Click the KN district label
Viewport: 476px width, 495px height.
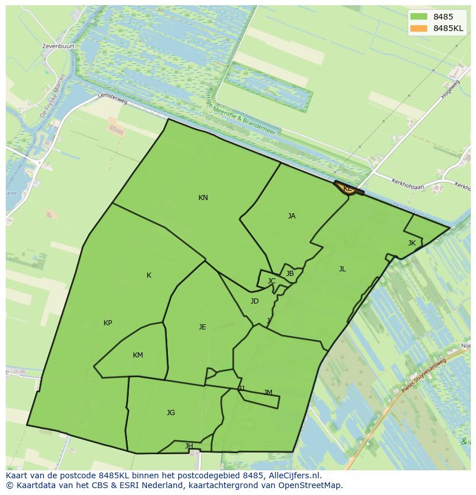click(203, 198)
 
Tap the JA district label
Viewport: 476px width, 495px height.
click(291, 216)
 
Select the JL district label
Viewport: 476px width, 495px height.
click(342, 269)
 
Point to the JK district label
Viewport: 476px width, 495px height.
click(412, 243)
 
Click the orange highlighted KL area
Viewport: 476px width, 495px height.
click(348, 189)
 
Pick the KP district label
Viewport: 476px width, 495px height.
click(108, 323)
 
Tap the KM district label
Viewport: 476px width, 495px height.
click(138, 355)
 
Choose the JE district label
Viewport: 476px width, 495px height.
click(202, 327)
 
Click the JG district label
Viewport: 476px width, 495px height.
click(171, 413)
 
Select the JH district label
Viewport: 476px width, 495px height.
click(189, 446)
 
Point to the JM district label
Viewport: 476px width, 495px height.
click(268, 393)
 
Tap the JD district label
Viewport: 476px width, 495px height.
click(255, 301)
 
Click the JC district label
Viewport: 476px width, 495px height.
click(271, 281)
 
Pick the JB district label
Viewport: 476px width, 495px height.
click(290, 274)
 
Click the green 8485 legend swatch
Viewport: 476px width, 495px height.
click(419, 17)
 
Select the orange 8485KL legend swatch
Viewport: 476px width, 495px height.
click(419, 28)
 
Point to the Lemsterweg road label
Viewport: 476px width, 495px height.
click(113, 99)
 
